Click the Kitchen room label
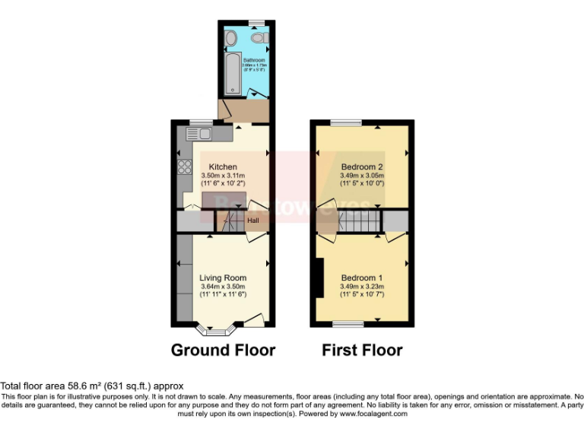pyautogui.click(x=224, y=167)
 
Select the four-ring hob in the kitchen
pyautogui.click(x=183, y=167)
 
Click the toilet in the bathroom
pyautogui.click(x=258, y=38)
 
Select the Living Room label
pyautogui.click(x=223, y=278)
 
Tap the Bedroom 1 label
pyautogui.click(x=362, y=278)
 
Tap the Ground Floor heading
pyautogui.click(x=223, y=351)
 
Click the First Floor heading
pyautogui.click(x=362, y=351)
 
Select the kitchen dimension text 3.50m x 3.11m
pyautogui.click(x=224, y=176)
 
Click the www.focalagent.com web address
pyautogui.click(x=373, y=414)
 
